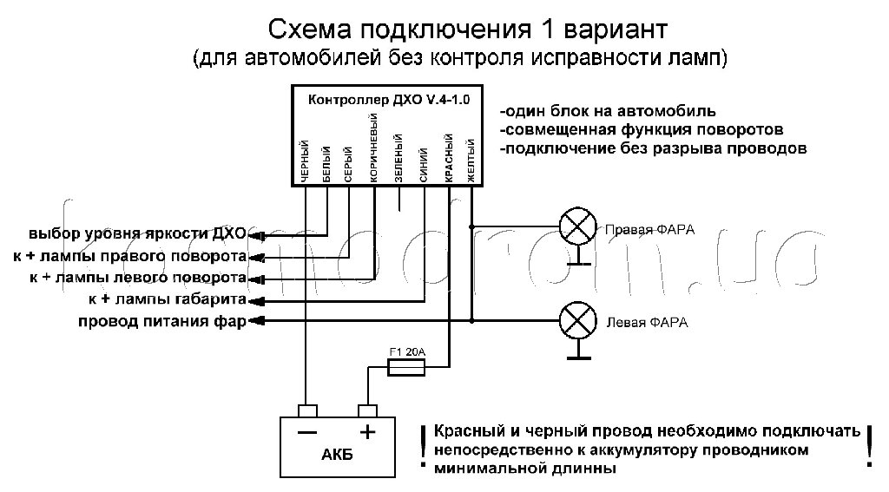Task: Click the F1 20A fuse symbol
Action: coord(406,368)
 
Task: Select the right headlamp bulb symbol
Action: coord(574,228)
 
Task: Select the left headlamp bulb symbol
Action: coord(574,320)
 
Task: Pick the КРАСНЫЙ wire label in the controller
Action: coord(450,157)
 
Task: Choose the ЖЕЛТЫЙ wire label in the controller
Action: coord(471,160)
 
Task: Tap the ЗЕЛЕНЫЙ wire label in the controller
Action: coord(398,157)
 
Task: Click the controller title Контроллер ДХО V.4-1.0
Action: coord(389,100)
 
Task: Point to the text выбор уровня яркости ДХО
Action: coord(137,234)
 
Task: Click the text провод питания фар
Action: coord(162,322)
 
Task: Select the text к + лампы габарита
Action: coord(165,300)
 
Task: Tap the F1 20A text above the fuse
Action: coord(405,352)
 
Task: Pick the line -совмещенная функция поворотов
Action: coord(642,129)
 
